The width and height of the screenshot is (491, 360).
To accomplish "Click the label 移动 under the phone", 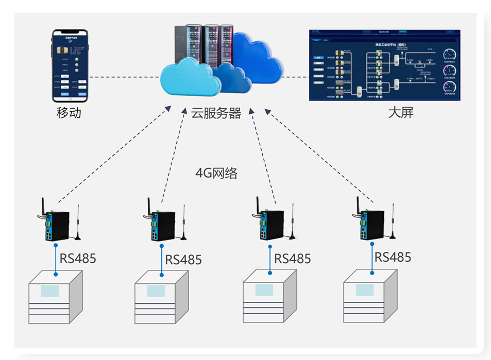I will (69, 112).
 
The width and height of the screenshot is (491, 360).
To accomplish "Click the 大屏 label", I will (400, 112).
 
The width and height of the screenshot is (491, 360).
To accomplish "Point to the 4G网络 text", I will (216, 174).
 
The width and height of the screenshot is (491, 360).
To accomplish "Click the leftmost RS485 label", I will (78, 258).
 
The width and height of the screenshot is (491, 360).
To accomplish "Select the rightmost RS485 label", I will (393, 257).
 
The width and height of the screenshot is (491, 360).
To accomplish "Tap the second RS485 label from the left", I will (183, 260).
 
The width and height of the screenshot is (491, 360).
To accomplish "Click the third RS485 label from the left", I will (292, 258).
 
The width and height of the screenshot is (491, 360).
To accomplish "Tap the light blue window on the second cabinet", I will (156, 291).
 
